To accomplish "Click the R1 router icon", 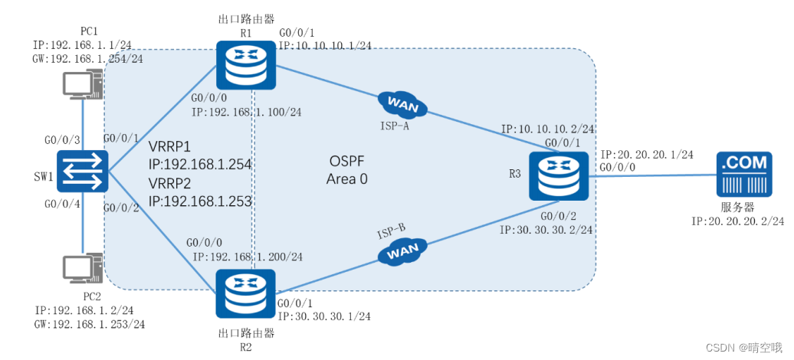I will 244,64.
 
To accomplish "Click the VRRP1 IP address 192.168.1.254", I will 200,164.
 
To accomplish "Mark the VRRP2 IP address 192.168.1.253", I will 200,201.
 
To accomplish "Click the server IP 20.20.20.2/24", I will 737,221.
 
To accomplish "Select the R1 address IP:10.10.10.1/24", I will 325,46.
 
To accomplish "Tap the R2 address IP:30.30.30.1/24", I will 325,316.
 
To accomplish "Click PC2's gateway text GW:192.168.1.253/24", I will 90,324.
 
